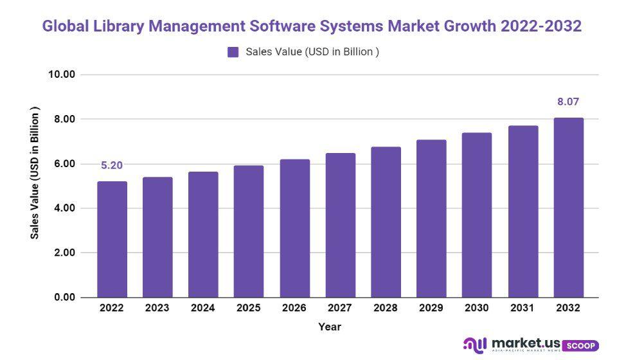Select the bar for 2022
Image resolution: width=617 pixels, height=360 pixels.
point(112,239)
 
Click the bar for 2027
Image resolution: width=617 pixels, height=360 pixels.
point(340,225)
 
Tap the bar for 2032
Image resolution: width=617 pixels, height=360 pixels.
point(568,207)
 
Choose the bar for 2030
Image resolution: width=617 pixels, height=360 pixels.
point(477,215)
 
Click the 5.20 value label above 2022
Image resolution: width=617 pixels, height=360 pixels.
point(112,165)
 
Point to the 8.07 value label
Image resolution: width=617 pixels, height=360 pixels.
point(568,102)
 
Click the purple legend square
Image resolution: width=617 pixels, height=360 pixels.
point(233,52)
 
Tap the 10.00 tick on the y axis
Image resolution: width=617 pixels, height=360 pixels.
point(62,75)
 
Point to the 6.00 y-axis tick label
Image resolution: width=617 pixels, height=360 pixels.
point(62,164)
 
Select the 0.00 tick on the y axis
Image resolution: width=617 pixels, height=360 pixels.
point(62,298)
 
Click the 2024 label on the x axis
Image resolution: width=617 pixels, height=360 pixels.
point(203,309)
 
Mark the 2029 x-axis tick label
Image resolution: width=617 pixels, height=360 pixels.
point(431,309)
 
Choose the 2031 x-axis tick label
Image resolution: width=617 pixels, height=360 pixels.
point(523,309)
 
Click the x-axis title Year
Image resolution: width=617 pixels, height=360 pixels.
point(329,327)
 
